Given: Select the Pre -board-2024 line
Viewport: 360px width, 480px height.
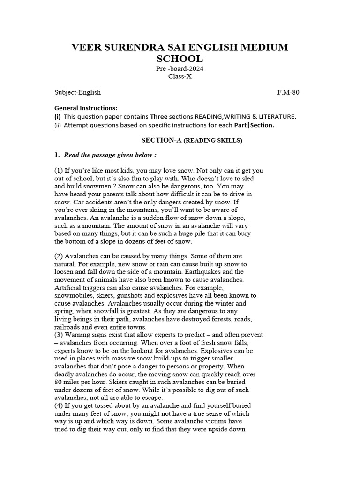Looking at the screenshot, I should [180, 69].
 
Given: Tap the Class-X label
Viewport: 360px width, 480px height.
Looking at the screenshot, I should [180, 77].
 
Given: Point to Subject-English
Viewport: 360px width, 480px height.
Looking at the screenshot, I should [77, 92].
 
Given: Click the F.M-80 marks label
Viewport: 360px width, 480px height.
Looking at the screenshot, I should [288, 92].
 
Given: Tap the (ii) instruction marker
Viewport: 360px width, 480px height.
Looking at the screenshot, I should [58, 125].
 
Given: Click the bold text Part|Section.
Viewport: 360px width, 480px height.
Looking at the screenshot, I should [255, 125].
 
